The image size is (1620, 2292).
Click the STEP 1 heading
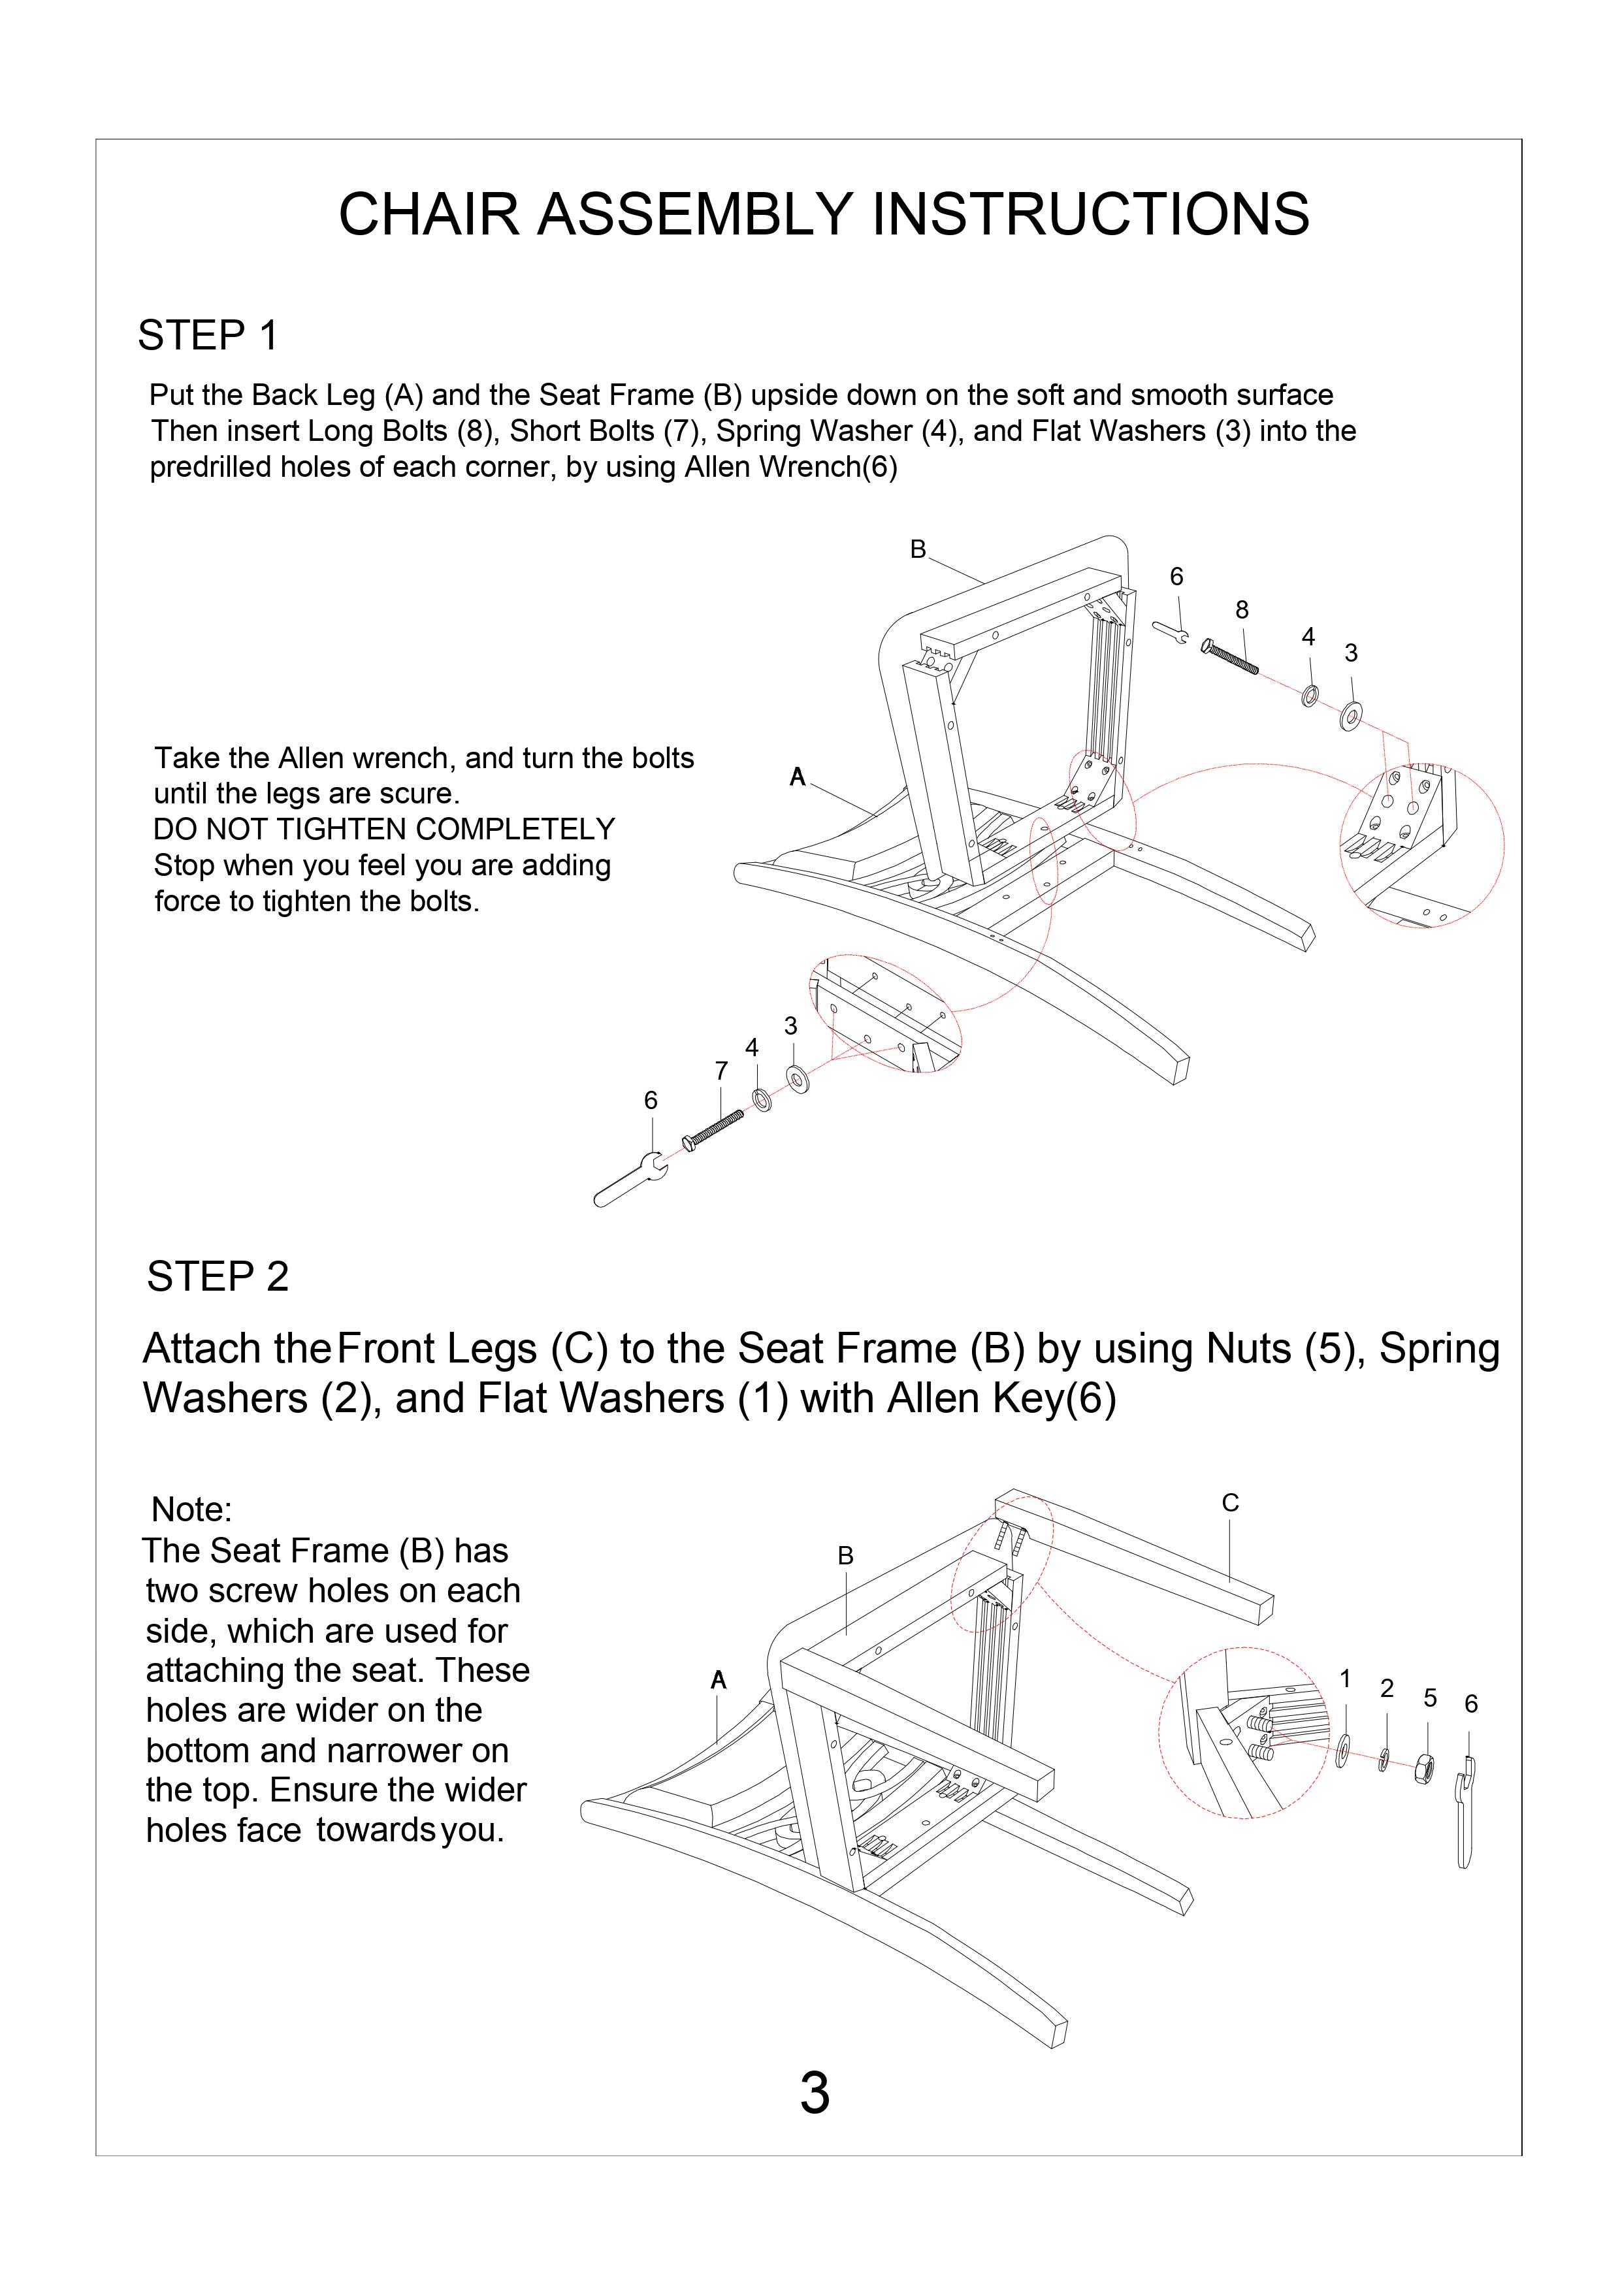point(208,336)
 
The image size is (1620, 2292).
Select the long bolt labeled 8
point(1231,658)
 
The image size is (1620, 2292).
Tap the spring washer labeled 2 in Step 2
point(1384,1759)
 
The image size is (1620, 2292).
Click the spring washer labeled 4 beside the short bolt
point(760,1100)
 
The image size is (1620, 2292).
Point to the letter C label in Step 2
point(1230,1502)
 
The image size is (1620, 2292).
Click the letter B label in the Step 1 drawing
point(918,549)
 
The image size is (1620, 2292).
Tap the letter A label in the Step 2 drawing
point(718,1680)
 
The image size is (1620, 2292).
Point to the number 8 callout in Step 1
point(1242,609)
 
